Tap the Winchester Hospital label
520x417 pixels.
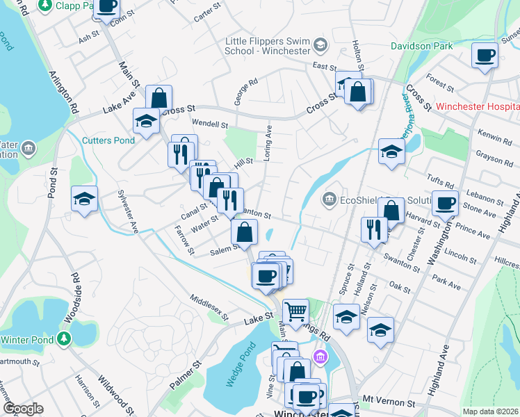pyautogui.click(x=478, y=107)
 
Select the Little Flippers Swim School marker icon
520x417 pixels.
pyautogui.click(x=320, y=47)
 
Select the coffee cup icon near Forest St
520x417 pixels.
pyautogui.click(x=485, y=54)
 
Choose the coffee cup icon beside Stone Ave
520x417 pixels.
pyautogui.click(x=445, y=203)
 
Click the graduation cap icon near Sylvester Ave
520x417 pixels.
pyautogui.click(x=84, y=199)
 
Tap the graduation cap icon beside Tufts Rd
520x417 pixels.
pyautogui.click(x=392, y=152)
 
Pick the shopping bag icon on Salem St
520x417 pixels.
pyautogui.click(x=245, y=232)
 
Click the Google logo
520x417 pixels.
pyautogui.click(x=23, y=409)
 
